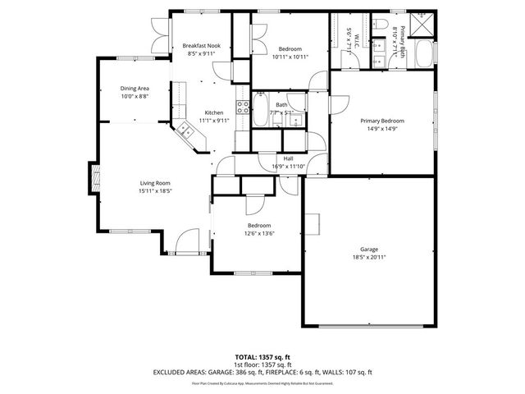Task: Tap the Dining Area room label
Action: coord(135,88)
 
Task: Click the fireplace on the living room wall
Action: coord(95,177)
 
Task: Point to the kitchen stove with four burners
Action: coord(243,106)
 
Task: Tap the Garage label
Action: coord(369,249)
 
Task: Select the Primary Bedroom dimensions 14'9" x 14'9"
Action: coord(382,129)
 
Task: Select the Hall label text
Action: coord(289,158)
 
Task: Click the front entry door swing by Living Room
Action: coord(175,240)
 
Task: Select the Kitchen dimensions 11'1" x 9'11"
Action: coord(213,121)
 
